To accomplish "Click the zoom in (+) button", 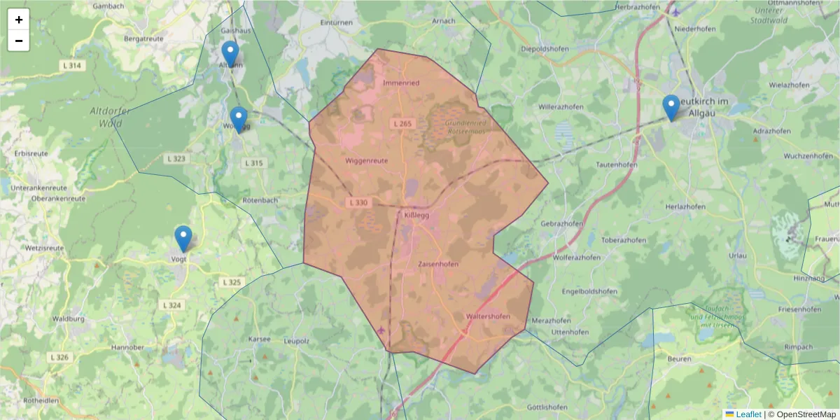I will pyautogui.click(x=19, y=20).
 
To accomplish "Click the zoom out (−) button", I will pyautogui.click(x=19, y=41).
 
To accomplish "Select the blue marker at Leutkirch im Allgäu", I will pyautogui.click(x=671, y=108).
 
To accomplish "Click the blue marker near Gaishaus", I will pyautogui.click(x=230, y=54).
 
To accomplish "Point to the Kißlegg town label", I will pyautogui.click(x=417, y=215).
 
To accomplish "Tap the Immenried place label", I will pyautogui.click(x=401, y=83).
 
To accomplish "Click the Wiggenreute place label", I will pyautogui.click(x=366, y=160).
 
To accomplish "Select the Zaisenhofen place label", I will pyautogui.click(x=437, y=265).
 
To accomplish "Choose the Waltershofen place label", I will pyautogui.click(x=487, y=316).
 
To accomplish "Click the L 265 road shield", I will pyautogui.click(x=402, y=124).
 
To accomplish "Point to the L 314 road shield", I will pyautogui.click(x=71, y=66).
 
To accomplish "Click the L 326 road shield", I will pyautogui.click(x=59, y=357).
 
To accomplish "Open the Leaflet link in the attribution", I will pyautogui.click(x=748, y=414).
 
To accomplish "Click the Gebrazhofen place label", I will pyautogui.click(x=562, y=224).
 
